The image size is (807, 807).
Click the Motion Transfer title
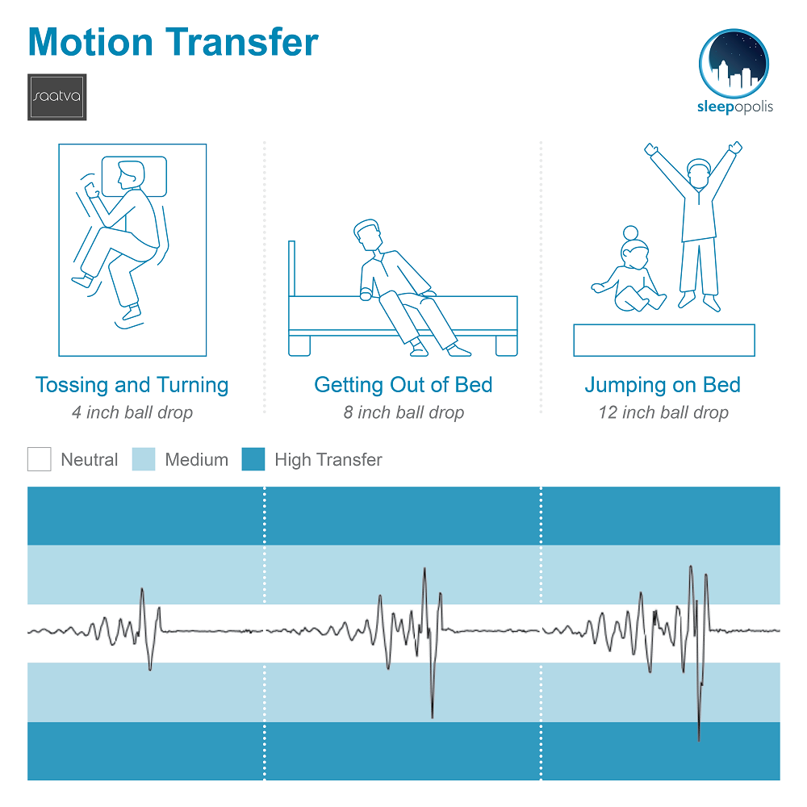click(173, 42)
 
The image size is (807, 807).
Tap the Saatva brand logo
click(57, 97)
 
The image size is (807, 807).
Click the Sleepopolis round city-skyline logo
click(734, 63)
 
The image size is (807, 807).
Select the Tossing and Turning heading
click(132, 385)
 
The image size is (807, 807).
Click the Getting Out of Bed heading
click(403, 385)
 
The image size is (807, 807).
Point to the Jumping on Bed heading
click(663, 385)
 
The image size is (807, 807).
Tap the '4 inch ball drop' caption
click(132, 412)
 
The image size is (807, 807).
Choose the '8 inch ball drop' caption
click(404, 412)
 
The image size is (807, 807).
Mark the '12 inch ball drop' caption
click(663, 412)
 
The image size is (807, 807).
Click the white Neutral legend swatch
click(39, 459)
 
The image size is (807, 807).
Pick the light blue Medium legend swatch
click(144, 459)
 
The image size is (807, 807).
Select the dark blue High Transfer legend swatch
click(253, 459)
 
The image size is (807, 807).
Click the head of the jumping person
click(698, 173)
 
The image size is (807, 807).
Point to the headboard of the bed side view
click(292, 269)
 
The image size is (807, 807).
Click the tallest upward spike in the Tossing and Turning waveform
click(142, 589)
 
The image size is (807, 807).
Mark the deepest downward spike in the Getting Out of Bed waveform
click(433, 717)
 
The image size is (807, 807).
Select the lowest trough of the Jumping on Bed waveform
click(699, 739)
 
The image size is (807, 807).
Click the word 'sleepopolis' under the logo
click(735, 107)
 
